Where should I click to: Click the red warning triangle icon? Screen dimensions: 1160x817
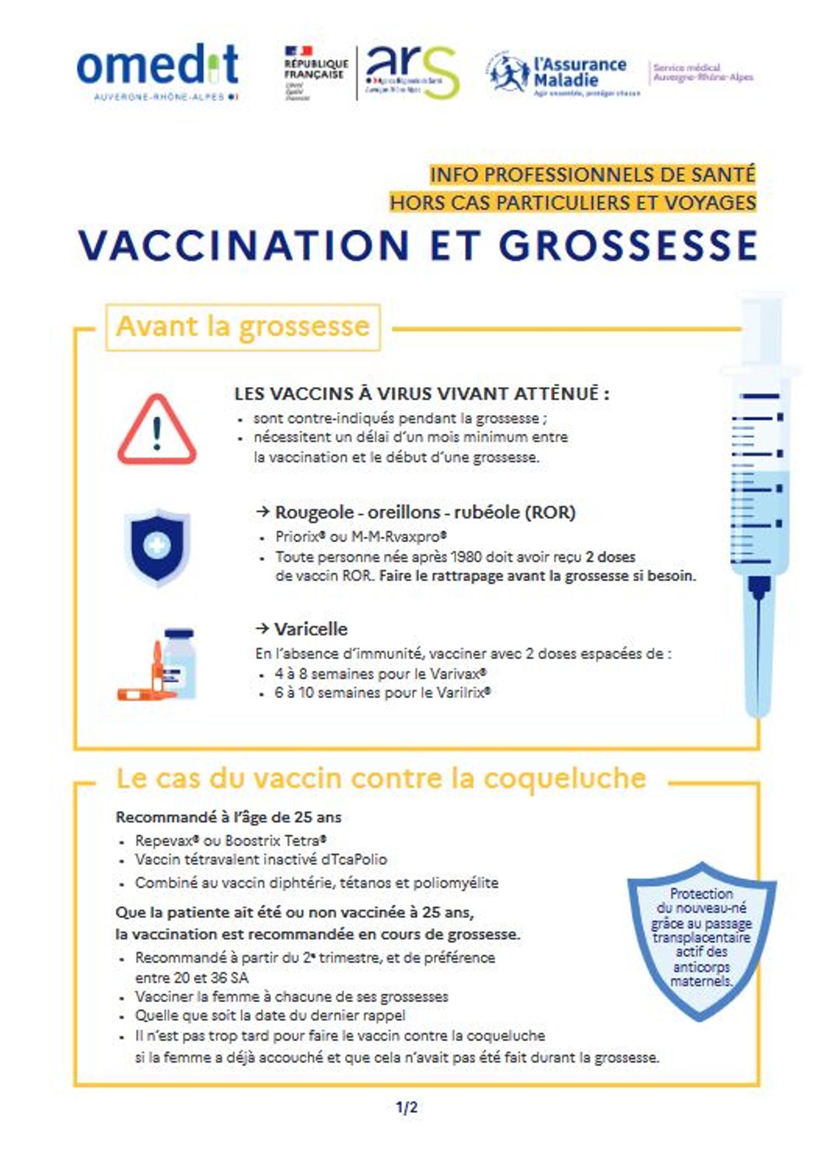[x=157, y=430]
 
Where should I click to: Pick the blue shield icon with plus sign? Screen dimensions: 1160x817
[x=157, y=547]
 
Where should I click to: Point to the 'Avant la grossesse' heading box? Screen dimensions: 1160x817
[x=243, y=327]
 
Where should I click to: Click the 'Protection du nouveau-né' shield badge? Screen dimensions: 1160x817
[x=701, y=940]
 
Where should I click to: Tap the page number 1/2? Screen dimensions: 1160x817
[x=406, y=1108]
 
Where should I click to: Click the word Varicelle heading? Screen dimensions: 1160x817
[x=311, y=629]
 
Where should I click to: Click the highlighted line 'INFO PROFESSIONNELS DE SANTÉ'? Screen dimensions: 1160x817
[x=593, y=174]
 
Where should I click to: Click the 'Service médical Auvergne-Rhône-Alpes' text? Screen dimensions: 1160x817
[x=703, y=72]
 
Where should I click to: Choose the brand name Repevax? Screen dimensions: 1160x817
[x=164, y=840]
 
